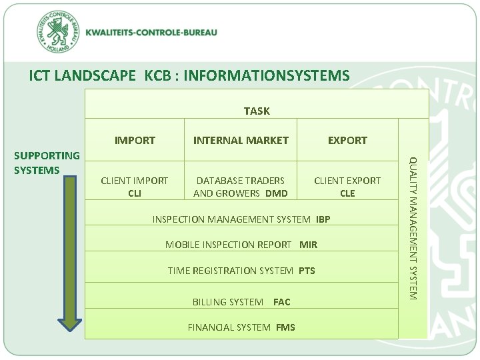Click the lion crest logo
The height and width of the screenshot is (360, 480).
coord(61,33)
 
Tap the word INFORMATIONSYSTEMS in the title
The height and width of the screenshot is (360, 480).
coord(265,76)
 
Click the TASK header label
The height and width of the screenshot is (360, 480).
coord(257,111)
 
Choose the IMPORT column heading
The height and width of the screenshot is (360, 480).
coord(135,140)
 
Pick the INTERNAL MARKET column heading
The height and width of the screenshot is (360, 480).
coord(241,140)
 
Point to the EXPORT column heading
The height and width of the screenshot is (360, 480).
coord(347,140)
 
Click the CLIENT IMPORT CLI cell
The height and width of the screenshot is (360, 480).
coord(134,187)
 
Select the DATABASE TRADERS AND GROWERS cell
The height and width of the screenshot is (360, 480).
coord(240,187)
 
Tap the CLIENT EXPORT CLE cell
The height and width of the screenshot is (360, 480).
coord(347,187)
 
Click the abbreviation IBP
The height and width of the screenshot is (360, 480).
coord(323,219)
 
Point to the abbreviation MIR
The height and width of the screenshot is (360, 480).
coord(308,245)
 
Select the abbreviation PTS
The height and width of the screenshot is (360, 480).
coord(307,271)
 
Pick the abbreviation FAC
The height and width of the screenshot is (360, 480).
coord(281,302)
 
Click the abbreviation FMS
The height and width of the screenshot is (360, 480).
coord(285,327)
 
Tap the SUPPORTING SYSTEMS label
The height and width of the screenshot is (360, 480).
coord(47,163)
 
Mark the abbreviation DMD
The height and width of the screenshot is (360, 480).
coord(276,193)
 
